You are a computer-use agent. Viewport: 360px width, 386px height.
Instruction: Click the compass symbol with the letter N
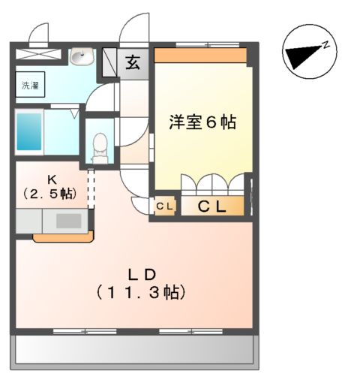click(306, 56)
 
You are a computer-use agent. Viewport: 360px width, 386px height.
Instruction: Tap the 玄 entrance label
click(132, 62)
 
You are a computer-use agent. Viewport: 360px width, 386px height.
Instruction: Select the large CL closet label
click(211, 207)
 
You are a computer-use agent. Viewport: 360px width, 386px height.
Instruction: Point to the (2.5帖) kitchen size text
click(49, 193)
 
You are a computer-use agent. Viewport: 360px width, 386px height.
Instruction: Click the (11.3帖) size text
click(139, 292)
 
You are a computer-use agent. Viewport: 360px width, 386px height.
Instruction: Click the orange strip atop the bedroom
click(201, 56)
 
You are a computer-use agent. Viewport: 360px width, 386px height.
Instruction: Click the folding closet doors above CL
click(214, 185)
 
